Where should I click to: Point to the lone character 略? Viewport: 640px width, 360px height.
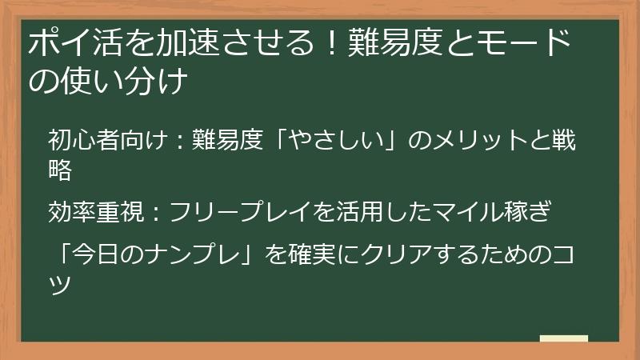pyautogui.click(x=61, y=169)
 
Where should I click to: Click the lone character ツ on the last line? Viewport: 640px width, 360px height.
pyautogui.click(x=61, y=282)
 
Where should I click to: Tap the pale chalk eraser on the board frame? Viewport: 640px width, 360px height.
pyautogui.click(x=563, y=339)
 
